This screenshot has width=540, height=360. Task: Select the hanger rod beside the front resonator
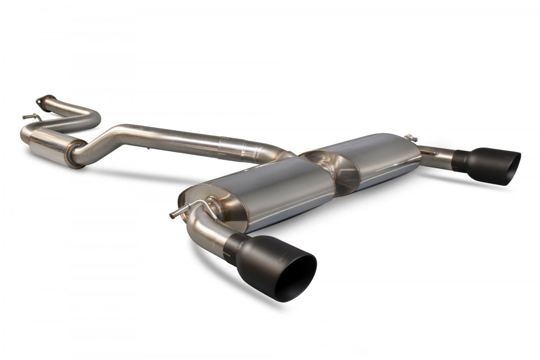pyautogui.click(x=31, y=117)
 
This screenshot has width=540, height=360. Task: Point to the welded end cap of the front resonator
pyautogui.click(x=76, y=154)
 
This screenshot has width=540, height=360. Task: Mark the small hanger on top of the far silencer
pyautogui.click(x=409, y=138)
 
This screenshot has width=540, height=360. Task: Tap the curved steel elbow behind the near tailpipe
pyautogui.click(x=205, y=229)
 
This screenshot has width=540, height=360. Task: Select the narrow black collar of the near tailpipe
pyautogui.click(x=232, y=247)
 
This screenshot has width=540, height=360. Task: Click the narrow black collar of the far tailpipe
pyautogui.click(x=459, y=160)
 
